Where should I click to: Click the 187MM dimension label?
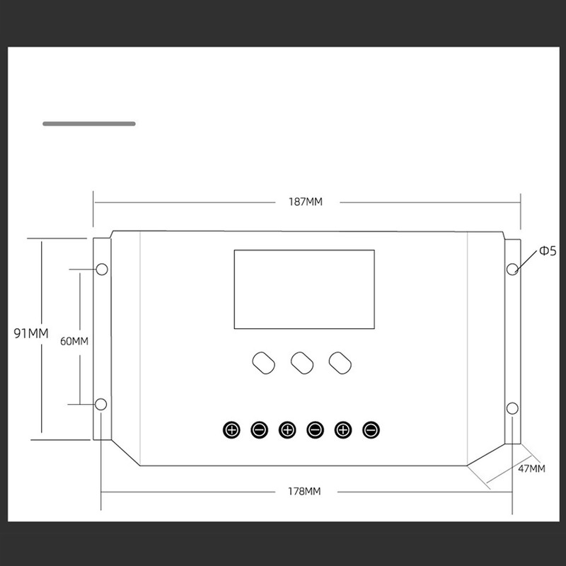click(x=305, y=202)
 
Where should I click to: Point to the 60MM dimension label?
click(x=74, y=341)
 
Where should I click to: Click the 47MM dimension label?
click(x=531, y=468)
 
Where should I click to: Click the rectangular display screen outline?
click(x=304, y=289)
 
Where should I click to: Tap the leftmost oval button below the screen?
click(x=263, y=362)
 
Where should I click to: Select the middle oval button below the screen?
click(x=302, y=362)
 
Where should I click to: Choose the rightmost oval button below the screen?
click(x=340, y=362)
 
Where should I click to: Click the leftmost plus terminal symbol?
click(x=231, y=429)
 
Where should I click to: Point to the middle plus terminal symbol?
click(x=287, y=429)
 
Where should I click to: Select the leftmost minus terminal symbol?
click(x=260, y=429)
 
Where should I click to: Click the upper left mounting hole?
click(x=101, y=270)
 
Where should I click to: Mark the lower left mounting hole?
click(x=101, y=404)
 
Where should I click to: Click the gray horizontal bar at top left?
click(x=89, y=124)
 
